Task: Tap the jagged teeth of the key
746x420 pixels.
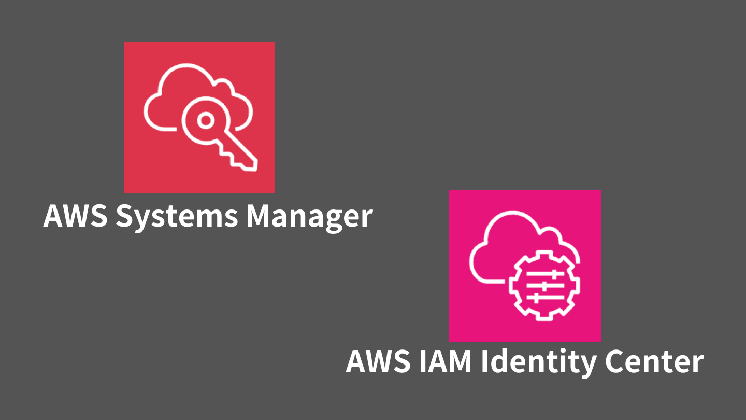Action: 233,156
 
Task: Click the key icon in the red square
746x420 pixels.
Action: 218,135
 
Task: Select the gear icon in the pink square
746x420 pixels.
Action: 544,285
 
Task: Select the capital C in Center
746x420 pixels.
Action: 617,361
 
